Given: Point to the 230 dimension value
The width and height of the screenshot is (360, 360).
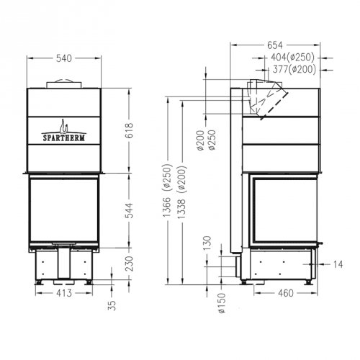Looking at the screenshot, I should [130, 266].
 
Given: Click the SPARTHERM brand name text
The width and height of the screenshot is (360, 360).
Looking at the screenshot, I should [64, 132].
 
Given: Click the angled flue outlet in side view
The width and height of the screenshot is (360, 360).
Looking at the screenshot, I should [268, 97].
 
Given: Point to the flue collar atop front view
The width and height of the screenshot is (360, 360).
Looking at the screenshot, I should [64, 85].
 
